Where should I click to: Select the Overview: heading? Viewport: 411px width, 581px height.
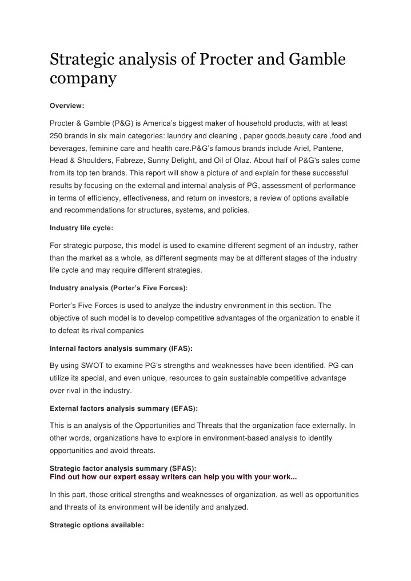click(x=67, y=106)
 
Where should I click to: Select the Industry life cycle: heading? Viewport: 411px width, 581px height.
click(x=81, y=227)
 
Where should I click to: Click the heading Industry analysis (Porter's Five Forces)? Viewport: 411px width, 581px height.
click(x=118, y=287)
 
